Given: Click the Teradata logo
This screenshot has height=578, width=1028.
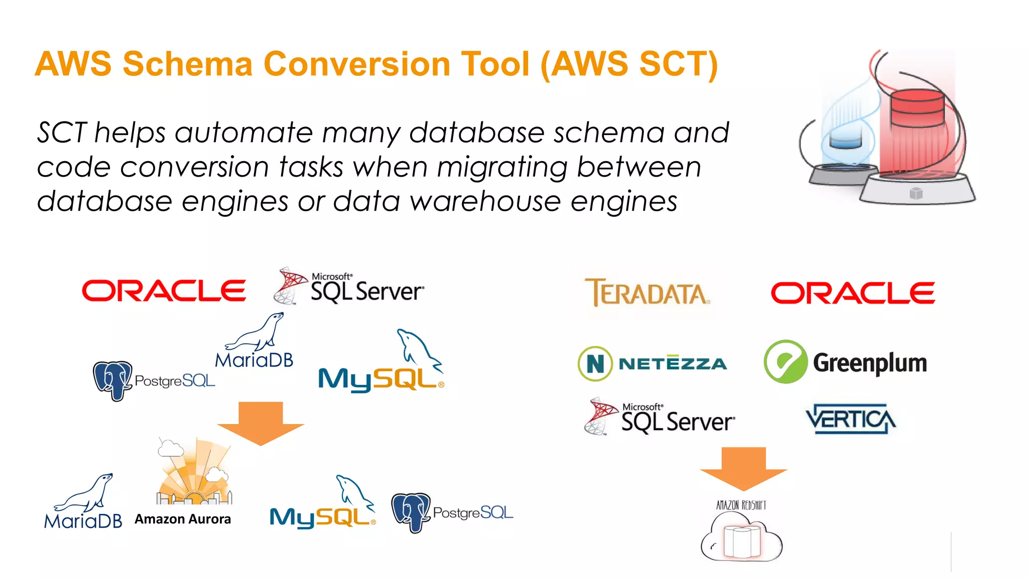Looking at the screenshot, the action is click(x=647, y=293).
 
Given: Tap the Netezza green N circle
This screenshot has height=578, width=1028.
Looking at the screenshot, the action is click(x=595, y=364).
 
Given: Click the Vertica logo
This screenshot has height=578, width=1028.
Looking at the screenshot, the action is click(x=851, y=418).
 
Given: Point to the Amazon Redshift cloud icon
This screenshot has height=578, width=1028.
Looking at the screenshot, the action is click(x=741, y=541).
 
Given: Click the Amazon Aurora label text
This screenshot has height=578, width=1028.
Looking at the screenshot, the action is click(x=183, y=519).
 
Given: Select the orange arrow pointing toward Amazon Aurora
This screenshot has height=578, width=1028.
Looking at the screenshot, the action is click(x=261, y=423).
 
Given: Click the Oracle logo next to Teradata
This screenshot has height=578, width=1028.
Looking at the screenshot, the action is click(x=853, y=293).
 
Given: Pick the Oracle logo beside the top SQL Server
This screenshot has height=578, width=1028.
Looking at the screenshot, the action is click(x=164, y=291).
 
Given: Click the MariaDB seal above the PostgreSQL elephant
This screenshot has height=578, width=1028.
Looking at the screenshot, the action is click(x=256, y=332).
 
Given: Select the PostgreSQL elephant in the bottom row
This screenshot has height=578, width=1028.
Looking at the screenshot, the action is click(x=411, y=512).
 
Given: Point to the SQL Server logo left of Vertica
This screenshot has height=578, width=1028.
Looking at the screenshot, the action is click(x=660, y=416).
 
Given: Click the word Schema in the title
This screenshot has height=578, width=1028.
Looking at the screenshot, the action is click(x=187, y=64).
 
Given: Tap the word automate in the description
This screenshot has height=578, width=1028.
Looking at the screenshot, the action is click(x=243, y=133).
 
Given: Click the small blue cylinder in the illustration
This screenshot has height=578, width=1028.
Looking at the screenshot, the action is click(x=845, y=139).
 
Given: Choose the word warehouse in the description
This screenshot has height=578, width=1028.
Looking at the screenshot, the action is click(x=485, y=202).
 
